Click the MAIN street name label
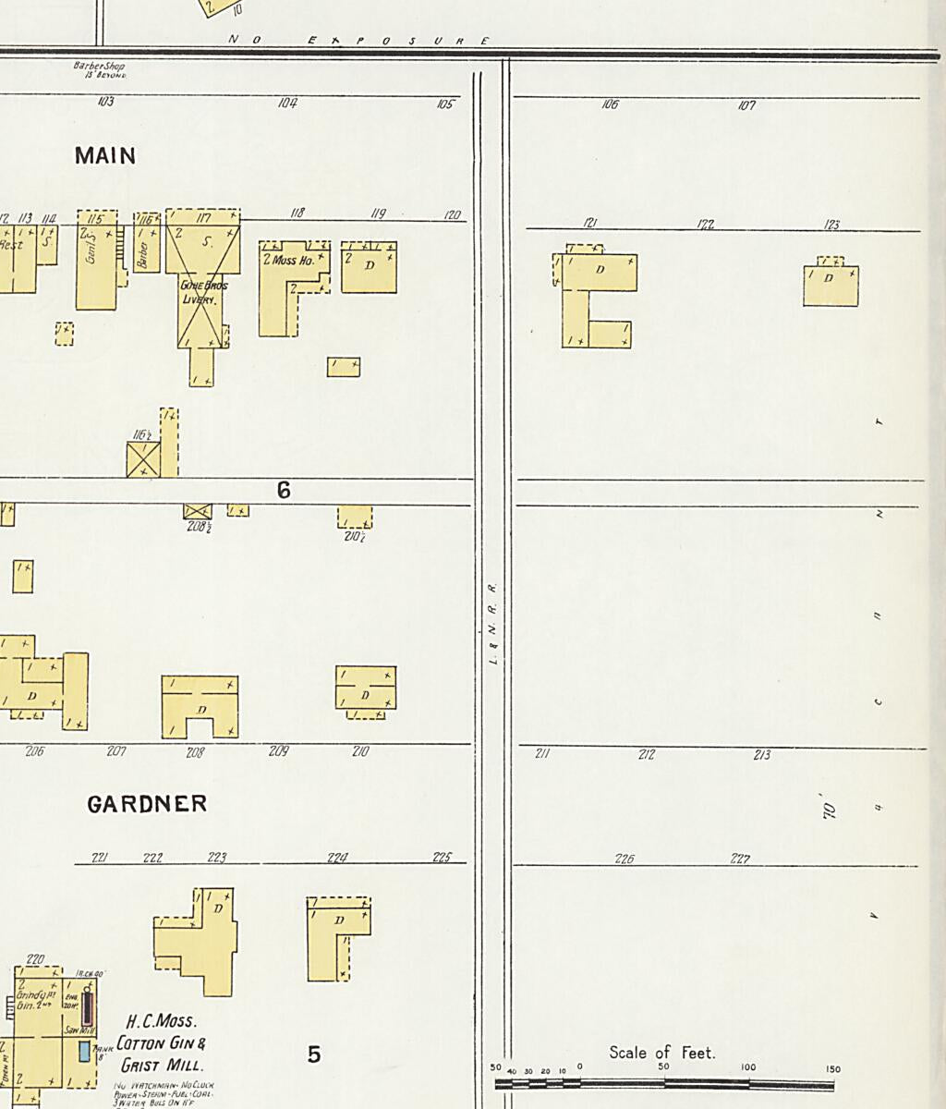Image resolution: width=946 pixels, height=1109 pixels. (x=105, y=156)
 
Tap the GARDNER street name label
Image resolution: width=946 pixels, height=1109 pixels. (x=147, y=804)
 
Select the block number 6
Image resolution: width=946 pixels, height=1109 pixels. (x=284, y=491)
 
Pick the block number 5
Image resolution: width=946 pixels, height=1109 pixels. (x=314, y=1054)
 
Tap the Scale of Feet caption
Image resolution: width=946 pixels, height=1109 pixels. (x=661, y=1053)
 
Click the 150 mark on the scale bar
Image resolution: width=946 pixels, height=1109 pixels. (x=833, y=1069)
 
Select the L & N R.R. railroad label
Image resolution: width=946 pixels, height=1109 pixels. (x=492, y=623)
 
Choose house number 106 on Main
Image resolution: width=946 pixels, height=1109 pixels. (x=610, y=105)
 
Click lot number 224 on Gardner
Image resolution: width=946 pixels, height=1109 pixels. (x=337, y=858)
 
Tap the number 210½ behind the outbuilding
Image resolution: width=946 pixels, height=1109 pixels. (x=354, y=537)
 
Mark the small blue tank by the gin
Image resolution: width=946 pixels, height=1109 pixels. (x=85, y=1051)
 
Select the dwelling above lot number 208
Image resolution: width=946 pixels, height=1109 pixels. (x=200, y=707)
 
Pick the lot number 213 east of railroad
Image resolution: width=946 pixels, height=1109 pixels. (x=761, y=755)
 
